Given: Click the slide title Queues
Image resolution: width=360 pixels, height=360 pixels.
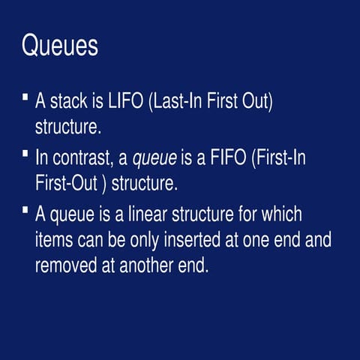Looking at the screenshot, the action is coord(60,45).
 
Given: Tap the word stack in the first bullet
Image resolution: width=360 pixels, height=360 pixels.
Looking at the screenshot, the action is coord(68,100).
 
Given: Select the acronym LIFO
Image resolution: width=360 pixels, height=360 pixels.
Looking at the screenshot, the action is coord(125,100).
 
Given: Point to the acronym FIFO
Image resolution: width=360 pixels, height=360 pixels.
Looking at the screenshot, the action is coord(228,157).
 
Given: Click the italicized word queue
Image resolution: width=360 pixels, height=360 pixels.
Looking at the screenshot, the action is coord(154,159).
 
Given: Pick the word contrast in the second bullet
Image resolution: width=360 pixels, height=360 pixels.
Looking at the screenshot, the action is coord(81,157).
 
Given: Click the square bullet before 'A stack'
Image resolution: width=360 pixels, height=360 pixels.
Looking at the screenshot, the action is coord(25,97).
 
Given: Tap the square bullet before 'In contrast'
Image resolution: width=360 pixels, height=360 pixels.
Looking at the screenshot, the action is coord(25,153).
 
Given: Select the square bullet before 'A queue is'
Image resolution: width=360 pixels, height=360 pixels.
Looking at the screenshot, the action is coord(25,209).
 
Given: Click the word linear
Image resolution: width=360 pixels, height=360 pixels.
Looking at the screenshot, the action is coord(148,214).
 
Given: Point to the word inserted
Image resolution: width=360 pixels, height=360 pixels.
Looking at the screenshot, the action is coord(192,239).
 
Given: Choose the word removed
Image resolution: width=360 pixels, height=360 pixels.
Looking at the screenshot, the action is coord(66,265).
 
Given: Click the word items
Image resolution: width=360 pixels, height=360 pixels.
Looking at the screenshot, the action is coord(54,239).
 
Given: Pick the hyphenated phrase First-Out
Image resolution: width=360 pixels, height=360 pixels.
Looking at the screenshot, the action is coord(66,183).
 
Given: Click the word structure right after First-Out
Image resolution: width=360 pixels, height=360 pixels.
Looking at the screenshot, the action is coord(145,183).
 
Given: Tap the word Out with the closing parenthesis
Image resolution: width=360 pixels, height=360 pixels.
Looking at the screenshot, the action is coord(257,101).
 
